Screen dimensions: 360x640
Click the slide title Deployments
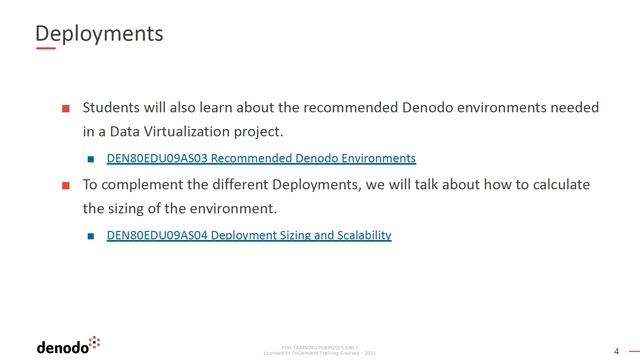[99, 33]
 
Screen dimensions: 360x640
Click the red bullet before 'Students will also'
[66, 107]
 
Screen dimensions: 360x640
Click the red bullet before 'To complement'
[66, 185]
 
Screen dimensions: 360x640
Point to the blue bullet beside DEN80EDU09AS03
[90, 159]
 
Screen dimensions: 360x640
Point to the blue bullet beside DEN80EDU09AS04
[90, 236]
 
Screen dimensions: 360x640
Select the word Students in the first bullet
[112, 106]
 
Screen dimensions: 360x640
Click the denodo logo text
[62, 347]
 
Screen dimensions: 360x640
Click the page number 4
[616, 350]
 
